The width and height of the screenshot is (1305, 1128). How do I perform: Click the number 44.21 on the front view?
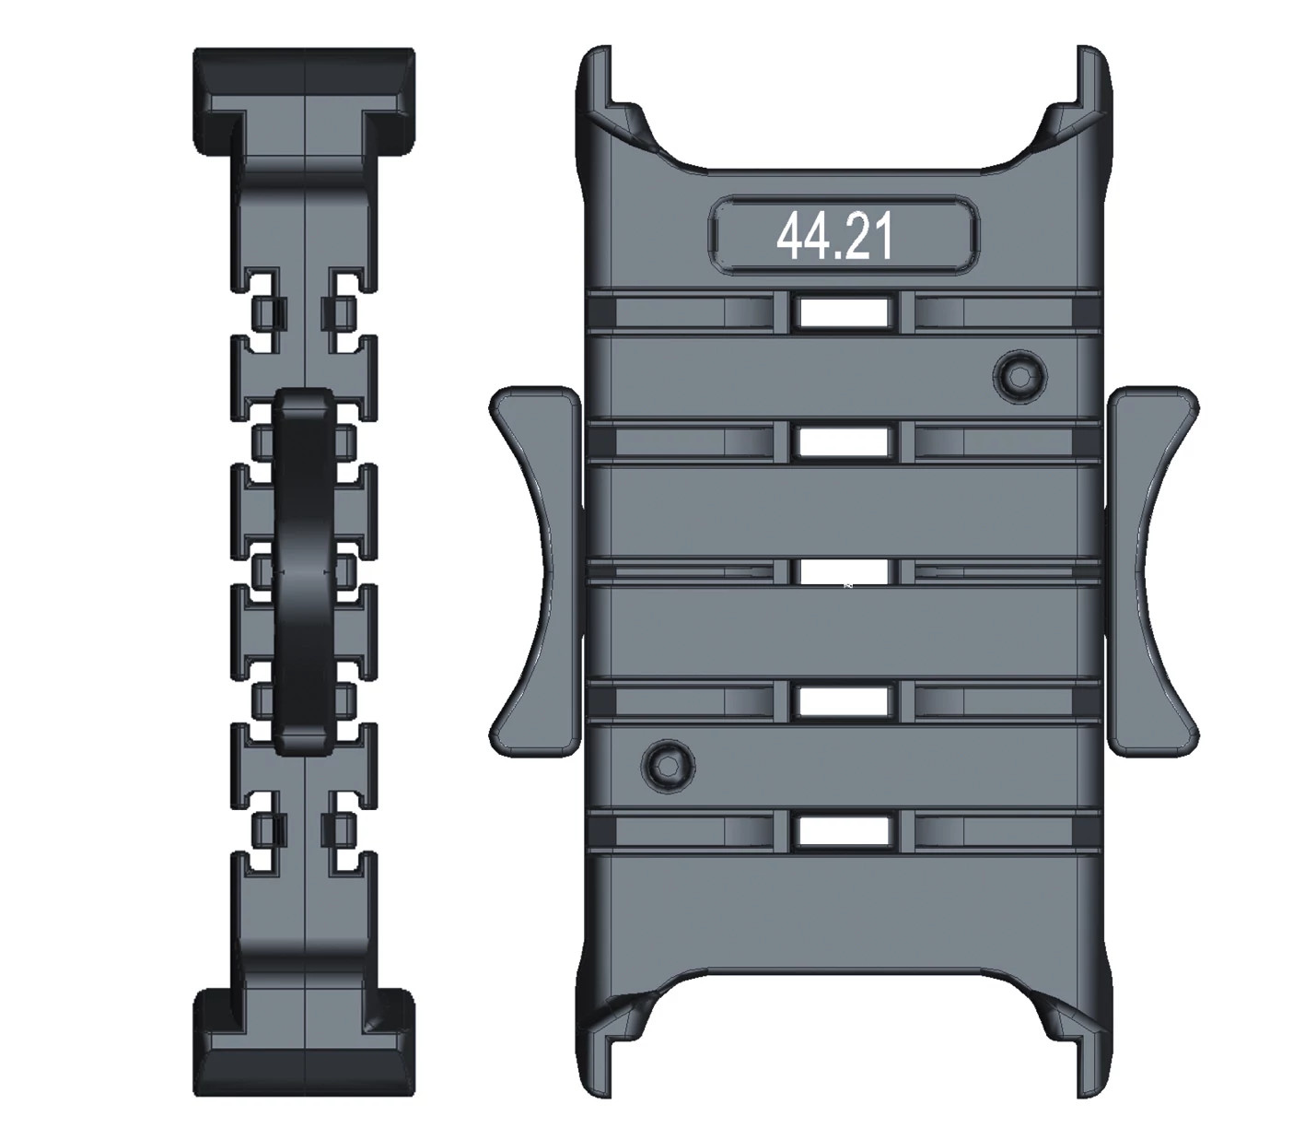point(834,236)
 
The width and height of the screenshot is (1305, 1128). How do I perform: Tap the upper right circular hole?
point(1020,375)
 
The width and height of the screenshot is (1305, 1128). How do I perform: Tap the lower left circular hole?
point(669,764)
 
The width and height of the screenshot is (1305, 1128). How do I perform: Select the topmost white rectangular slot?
point(844,312)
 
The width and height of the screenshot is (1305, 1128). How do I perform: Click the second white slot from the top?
point(844,442)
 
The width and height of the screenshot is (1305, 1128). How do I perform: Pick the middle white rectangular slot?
point(844,572)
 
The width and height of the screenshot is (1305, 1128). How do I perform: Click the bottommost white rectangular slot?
point(844,832)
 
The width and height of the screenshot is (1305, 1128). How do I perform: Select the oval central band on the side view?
point(304,571)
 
